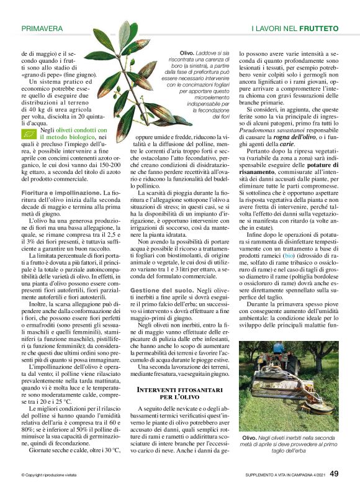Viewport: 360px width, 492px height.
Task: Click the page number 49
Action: (x=333, y=473)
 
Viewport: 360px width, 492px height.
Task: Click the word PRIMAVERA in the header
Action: (x=42, y=29)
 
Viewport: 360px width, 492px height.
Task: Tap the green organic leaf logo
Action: (x=29, y=134)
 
